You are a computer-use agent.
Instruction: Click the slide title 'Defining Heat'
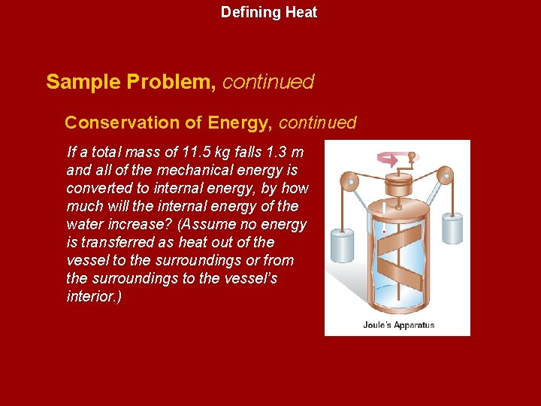tap(269, 13)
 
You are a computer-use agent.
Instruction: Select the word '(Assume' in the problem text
tap(196, 225)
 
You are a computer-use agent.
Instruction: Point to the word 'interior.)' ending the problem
tap(94, 297)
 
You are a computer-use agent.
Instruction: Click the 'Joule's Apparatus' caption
tap(399, 326)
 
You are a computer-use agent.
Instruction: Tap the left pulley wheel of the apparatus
tap(348, 181)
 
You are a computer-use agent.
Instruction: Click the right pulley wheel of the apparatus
tap(446, 177)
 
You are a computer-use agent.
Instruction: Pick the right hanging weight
tap(452, 229)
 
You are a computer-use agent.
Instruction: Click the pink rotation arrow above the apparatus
tap(389, 159)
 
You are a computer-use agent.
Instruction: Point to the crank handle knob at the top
tap(412, 157)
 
